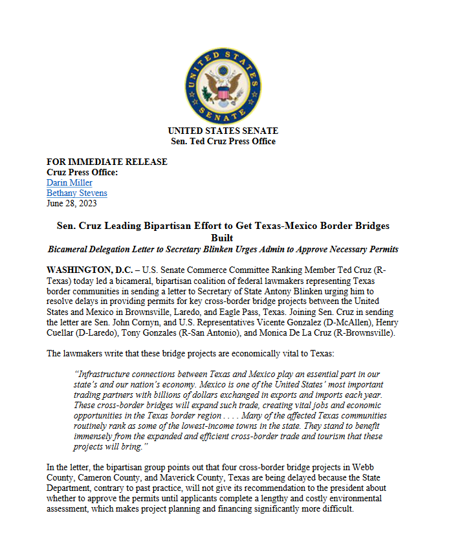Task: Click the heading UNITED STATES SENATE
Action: point(223,131)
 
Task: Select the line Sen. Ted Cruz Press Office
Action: point(223,141)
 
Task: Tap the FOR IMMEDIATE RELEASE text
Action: point(107,162)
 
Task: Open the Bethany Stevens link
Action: point(77,193)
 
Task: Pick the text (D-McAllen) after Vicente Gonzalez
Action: point(355,321)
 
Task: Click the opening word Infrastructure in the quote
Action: point(106,374)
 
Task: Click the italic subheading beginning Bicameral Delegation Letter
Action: point(223,249)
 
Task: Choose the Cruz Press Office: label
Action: point(82,172)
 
